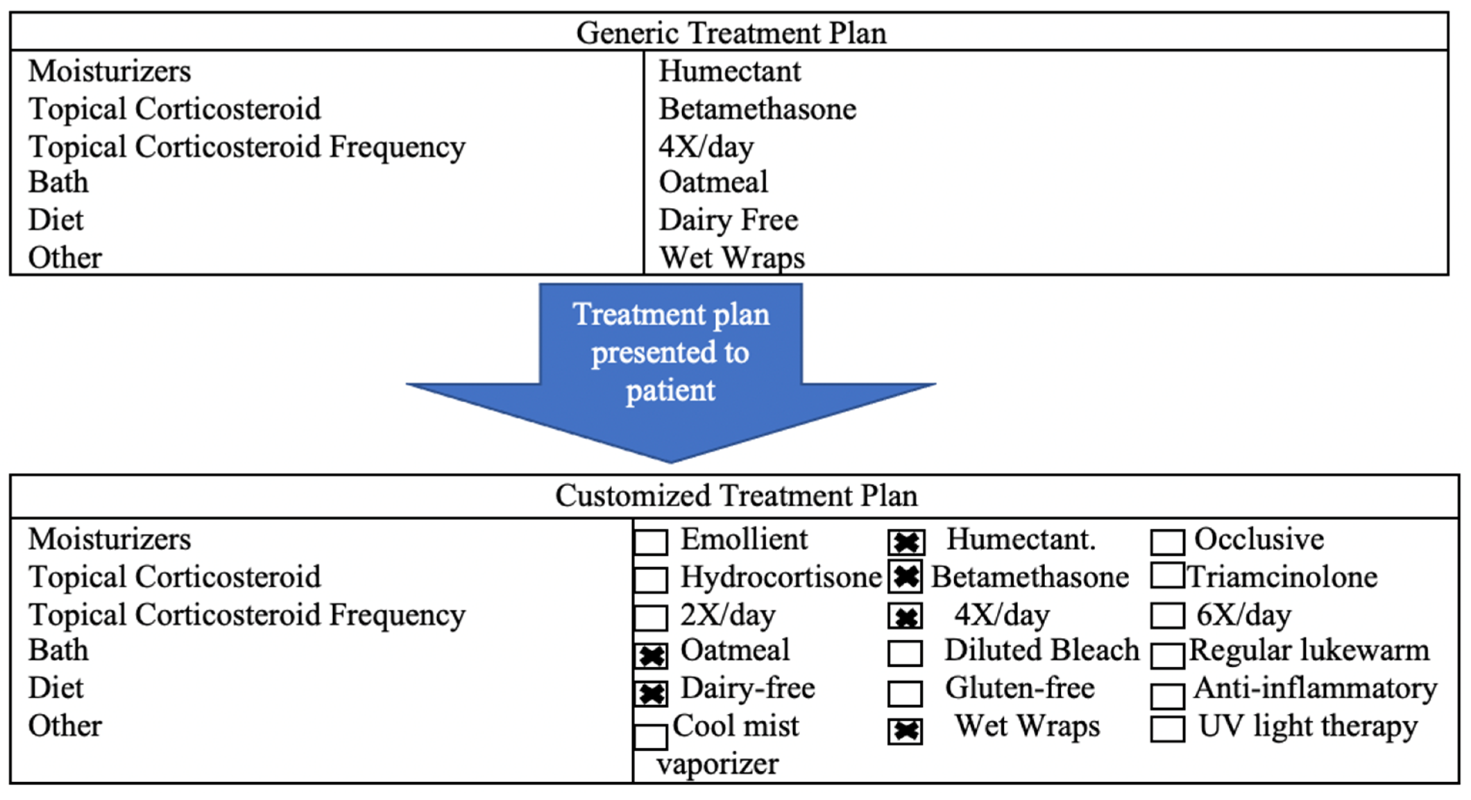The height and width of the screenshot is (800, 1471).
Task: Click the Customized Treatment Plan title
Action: pos(735,496)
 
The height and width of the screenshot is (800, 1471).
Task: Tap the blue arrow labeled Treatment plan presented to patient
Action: pos(671,365)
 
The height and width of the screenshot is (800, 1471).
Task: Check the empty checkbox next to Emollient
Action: pos(651,542)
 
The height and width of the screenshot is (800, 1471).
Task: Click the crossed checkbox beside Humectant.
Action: pos(906,542)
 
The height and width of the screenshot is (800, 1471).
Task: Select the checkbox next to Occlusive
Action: pos(1167,542)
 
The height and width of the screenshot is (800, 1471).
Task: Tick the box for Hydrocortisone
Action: pos(651,580)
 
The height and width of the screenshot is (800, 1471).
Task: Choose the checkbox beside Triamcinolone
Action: pos(1167,576)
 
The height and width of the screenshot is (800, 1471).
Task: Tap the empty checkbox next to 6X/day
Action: pos(1167,615)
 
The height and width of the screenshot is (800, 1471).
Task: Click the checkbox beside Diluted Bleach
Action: pos(905,653)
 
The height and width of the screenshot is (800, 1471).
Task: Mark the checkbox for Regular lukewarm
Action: pos(1167,655)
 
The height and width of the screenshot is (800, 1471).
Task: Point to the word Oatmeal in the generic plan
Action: pos(713,183)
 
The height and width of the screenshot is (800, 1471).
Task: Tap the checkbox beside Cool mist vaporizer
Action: pos(651,737)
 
